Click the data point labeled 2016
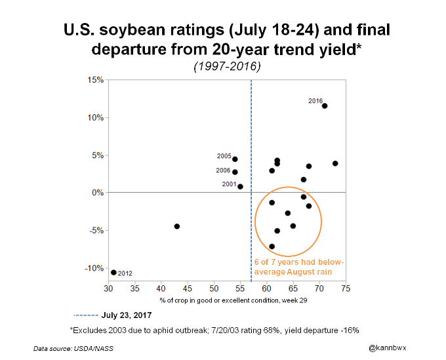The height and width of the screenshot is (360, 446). [325, 106]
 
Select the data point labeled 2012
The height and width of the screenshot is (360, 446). [113, 272]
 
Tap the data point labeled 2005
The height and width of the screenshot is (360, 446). [235, 159]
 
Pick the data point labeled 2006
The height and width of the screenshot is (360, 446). [235, 172]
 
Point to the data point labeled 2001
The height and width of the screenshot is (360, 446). [240, 186]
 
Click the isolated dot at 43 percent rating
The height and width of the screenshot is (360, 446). [177, 226]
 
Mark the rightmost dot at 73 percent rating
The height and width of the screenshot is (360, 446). [335, 163]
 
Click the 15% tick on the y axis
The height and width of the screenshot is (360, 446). [96, 80]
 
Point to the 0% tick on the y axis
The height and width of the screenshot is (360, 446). [98, 193]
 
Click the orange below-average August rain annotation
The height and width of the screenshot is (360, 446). [298, 266]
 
